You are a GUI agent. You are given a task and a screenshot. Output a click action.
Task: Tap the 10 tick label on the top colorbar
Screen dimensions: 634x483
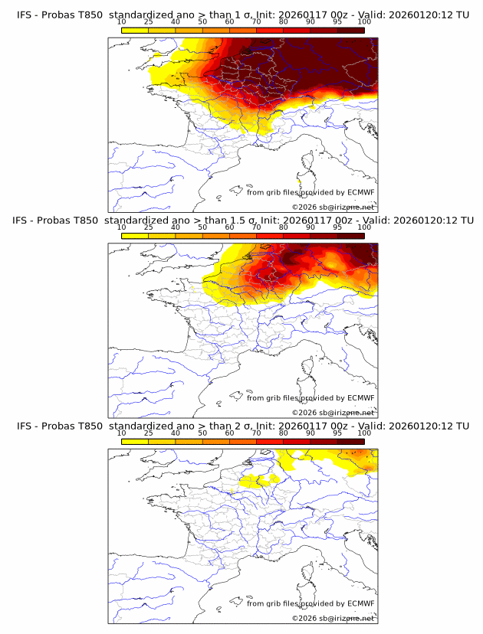[x=122, y=21]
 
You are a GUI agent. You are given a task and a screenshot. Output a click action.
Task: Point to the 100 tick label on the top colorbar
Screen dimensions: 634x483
[x=363, y=21]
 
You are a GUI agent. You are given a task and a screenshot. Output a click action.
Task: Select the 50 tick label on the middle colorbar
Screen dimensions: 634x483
[x=202, y=227]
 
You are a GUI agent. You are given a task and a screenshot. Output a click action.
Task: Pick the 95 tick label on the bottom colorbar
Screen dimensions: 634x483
[x=337, y=433]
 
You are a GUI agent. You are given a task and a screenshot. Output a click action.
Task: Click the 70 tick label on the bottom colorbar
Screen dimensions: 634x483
[x=256, y=433]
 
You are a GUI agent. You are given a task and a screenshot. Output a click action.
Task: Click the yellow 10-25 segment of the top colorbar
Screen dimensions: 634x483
[x=135, y=29]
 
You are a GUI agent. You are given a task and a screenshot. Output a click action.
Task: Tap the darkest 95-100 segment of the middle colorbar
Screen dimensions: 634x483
[x=350, y=235]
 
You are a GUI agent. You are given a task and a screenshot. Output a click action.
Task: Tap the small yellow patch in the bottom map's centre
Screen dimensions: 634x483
[x=258, y=481]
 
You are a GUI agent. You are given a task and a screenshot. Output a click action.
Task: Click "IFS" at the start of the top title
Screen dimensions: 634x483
[x=25, y=15]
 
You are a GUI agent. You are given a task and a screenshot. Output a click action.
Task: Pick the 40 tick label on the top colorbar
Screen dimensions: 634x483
[x=176, y=21]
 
